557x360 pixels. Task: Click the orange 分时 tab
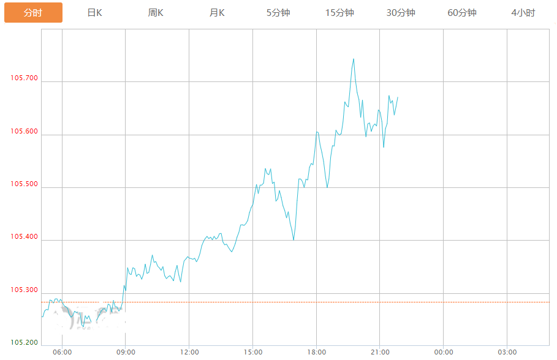point(33,13)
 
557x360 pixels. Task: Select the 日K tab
point(94,13)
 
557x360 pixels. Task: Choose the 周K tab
point(156,13)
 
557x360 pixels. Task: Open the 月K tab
point(217,13)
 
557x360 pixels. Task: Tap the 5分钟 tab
point(278,13)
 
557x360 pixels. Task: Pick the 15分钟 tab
point(339,13)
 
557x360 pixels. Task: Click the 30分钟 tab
point(401,13)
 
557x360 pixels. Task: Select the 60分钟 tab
point(462,13)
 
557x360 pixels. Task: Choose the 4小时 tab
point(523,13)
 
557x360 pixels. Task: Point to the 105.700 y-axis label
point(24,78)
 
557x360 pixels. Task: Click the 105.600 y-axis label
point(24,131)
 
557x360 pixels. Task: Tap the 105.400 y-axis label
point(24,236)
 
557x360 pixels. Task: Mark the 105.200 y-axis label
point(24,342)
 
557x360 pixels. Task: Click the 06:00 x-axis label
point(63,352)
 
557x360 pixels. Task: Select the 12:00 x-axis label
point(189,352)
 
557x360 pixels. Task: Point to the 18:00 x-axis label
point(316,352)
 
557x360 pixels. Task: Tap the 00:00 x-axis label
point(444,352)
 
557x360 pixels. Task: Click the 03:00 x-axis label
point(507,352)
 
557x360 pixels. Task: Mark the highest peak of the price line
point(354,59)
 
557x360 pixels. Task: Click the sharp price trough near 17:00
point(294,239)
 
